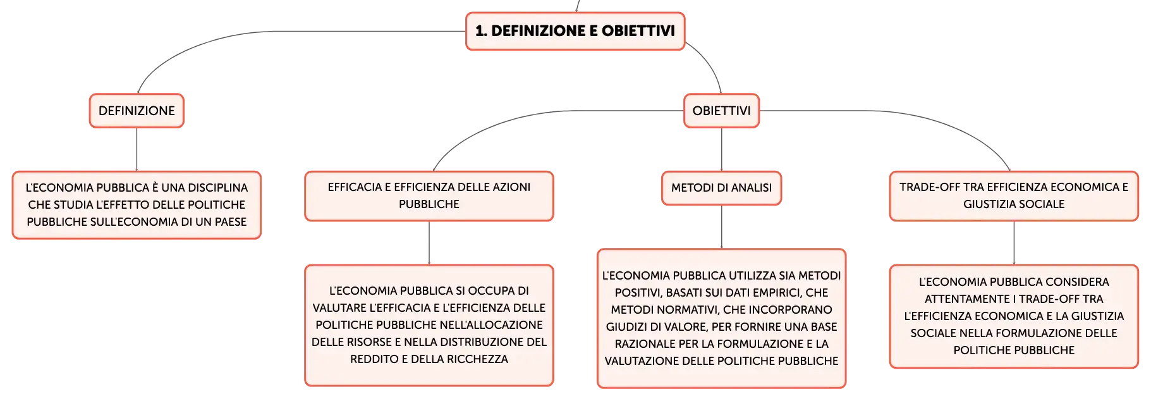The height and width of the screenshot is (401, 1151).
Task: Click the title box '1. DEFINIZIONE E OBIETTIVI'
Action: [x=575, y=31]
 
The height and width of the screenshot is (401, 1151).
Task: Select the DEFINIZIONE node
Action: [x=137, y=111]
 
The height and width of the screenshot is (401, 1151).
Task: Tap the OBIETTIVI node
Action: [x=721, y=111]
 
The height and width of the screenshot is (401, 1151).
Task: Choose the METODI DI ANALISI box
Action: [x=721, y=188]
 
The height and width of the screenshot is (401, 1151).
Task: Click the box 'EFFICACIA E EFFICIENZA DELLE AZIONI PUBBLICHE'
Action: [x=429, y=196]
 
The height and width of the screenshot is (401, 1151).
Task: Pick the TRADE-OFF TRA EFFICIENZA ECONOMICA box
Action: [x=1014, y=196]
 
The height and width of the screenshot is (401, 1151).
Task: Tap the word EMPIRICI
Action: [x=777, y=293]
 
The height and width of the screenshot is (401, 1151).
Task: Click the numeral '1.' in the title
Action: [x=481, y=31]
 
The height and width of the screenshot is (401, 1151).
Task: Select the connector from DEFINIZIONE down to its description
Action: [x=137, y=149]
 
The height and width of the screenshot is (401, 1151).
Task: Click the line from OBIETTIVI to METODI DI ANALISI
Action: [x=721, y=149]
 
